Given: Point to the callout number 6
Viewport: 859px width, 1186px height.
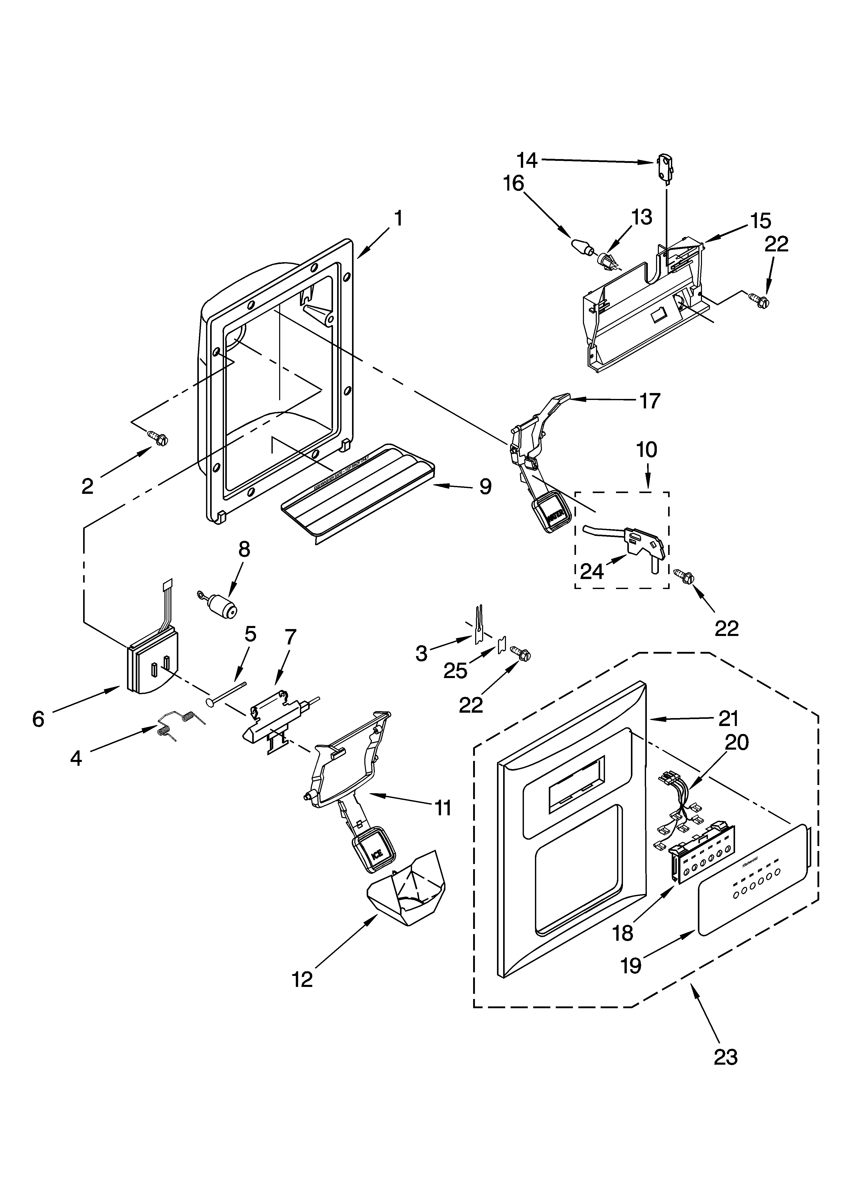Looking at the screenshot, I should coord(38,719).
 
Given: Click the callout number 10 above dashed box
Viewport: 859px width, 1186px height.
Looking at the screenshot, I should coord(647,450).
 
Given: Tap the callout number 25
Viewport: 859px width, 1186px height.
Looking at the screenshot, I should coord(455,670).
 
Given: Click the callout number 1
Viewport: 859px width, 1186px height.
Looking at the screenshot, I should coord(398,218).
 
